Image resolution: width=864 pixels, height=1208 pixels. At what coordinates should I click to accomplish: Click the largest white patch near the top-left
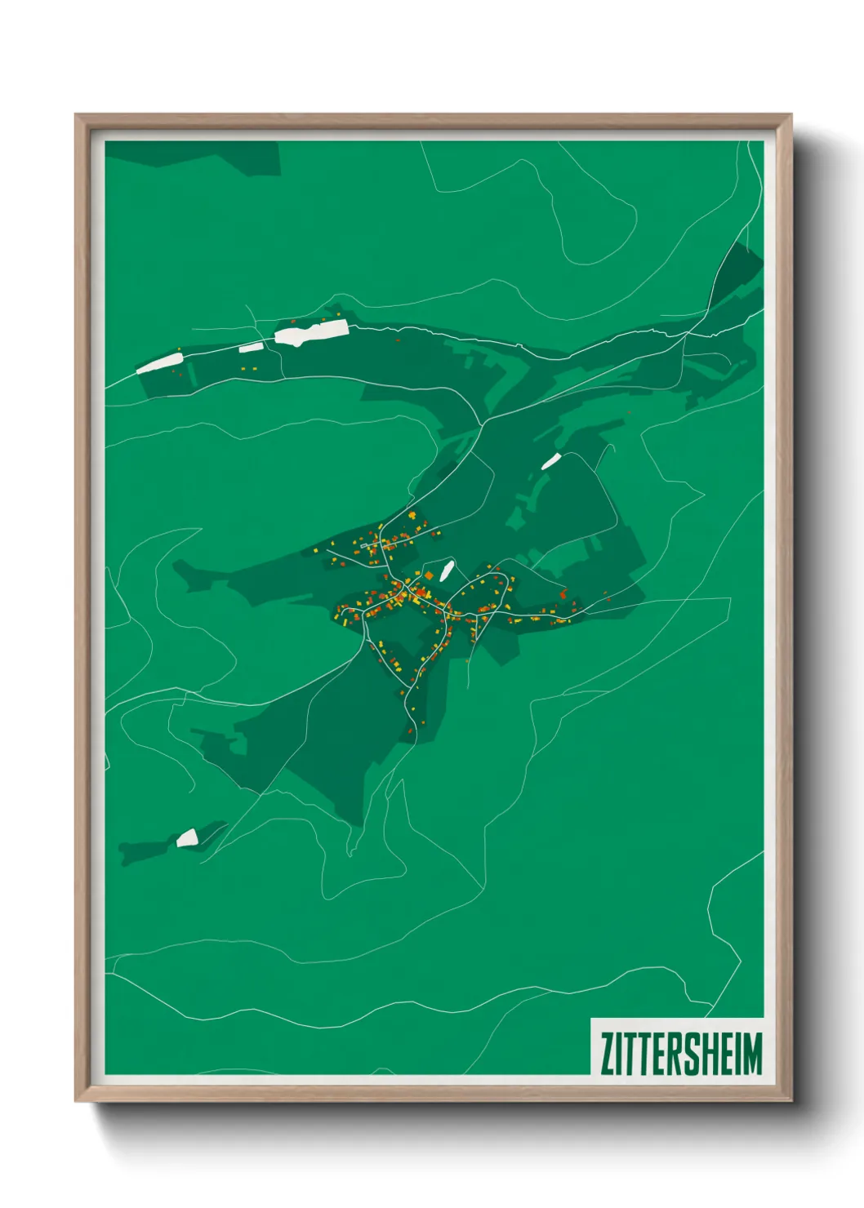tap(311, 333)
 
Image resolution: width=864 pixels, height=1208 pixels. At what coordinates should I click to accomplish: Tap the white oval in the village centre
tap(446, 570)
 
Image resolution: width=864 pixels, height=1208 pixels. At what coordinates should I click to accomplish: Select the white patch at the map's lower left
tap(188, 837)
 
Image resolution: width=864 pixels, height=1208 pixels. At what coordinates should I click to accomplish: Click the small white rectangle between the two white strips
tap(251, 349)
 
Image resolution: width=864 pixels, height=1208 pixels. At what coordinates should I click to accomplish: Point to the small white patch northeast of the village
tap(551, 461)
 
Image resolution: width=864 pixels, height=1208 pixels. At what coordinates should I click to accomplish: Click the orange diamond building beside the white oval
tap(429, 575)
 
